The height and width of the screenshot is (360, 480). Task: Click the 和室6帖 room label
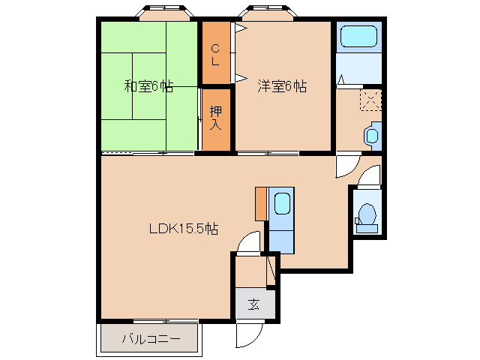coord(148,86)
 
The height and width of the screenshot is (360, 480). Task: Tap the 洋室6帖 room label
coord(282,86)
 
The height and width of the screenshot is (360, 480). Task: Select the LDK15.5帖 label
coord(184,228)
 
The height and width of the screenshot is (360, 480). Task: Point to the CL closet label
coord(215,55)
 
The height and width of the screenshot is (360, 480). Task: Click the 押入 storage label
coord(215,118)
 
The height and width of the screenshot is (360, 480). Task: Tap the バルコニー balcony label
coord(151,339)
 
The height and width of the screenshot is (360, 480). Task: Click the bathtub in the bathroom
coord(358,37)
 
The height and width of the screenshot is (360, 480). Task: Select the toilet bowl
coord(367,214)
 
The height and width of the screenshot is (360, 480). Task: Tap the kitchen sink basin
coord(282,203)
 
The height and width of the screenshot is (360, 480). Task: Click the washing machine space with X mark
coord(370,100)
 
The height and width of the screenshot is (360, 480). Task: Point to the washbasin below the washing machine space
coord(372,136)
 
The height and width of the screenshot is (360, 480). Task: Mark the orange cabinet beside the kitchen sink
coord(261,204)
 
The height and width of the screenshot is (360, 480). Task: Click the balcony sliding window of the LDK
coord(166,321)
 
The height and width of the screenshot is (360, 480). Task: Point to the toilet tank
coord(367,228)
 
